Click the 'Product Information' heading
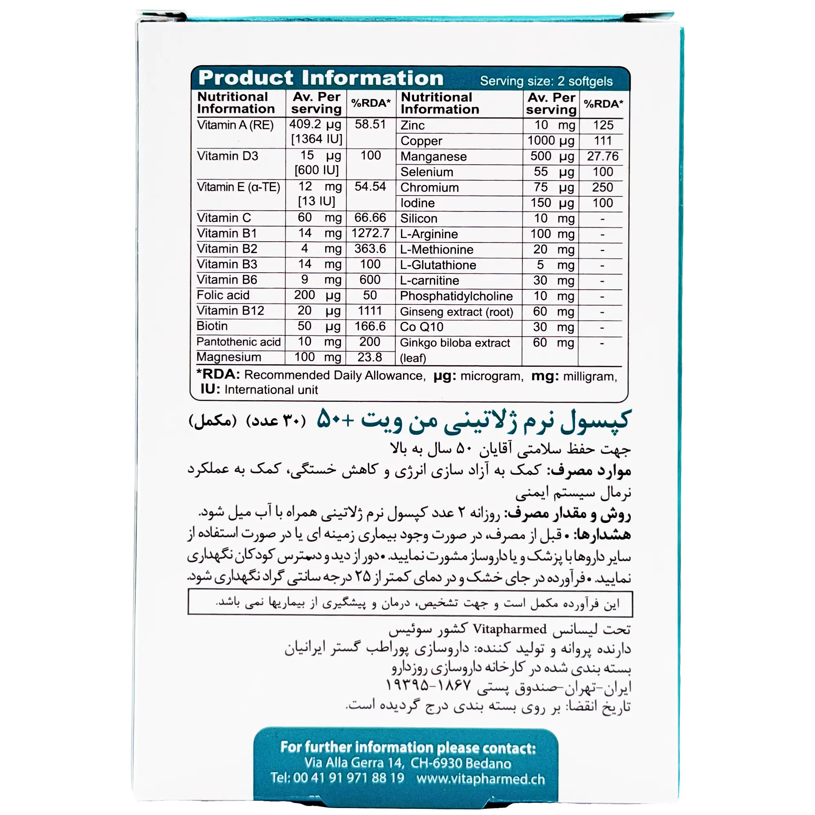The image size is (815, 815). [321, 78]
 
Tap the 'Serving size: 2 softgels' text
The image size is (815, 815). [546, 81]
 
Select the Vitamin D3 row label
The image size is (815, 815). [227, 156]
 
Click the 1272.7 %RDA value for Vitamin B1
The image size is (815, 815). [370, 233]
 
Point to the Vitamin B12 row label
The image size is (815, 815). [230, 311]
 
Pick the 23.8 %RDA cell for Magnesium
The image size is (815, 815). [370, 357]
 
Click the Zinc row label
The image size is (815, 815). [412, 125]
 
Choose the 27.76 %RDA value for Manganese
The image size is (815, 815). [602, 156]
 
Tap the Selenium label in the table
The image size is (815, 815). [427, 172]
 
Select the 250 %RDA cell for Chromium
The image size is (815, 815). [602, 187]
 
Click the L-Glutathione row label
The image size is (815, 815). [438, 265]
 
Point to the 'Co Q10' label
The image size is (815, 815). [421, 327]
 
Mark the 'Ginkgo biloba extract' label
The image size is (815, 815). [455, 343]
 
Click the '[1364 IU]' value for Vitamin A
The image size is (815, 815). [316, 139]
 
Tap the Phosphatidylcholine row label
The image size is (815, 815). [456, 296]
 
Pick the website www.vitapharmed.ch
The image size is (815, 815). [480, 779]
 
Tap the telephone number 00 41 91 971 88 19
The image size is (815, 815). [348, 778]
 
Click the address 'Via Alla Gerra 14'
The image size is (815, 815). [354, 763]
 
